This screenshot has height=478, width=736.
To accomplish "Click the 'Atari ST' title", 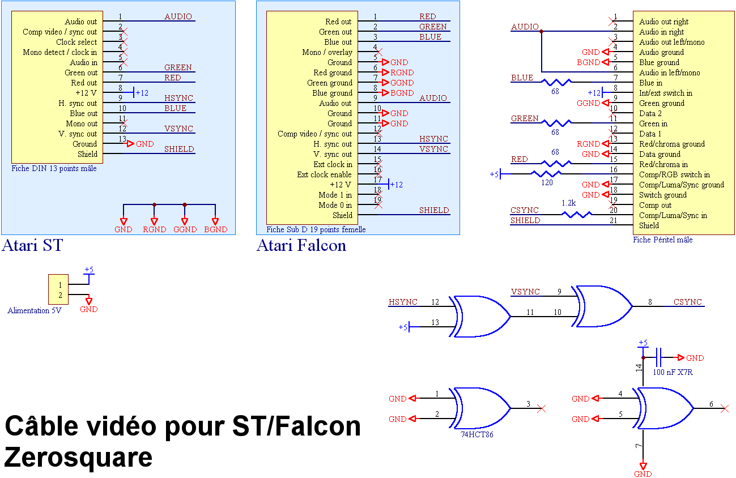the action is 32,245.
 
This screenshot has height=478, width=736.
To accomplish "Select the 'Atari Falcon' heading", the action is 301,245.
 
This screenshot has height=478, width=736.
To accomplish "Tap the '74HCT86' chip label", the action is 477,434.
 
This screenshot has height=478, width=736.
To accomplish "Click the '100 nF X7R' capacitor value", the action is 673,372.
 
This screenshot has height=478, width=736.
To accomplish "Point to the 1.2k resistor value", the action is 568,203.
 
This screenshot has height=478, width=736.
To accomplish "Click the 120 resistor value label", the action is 547,182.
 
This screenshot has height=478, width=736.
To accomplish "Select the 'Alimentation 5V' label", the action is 35,310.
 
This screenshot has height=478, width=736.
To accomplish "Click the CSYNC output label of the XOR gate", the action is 687,302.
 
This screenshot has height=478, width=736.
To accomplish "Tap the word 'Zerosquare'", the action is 78,458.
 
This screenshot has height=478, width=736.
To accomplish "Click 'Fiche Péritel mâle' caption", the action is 663,240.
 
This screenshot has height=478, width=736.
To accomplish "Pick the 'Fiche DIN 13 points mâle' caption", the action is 54,169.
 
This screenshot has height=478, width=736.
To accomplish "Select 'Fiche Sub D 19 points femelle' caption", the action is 316,229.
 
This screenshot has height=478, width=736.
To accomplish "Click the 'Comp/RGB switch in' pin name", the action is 674,174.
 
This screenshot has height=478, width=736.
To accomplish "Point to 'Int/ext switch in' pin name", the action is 666,93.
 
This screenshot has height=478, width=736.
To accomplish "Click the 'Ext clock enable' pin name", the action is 324,174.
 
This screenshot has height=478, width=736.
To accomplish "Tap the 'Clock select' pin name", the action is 76,42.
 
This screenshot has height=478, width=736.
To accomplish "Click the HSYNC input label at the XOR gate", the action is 403,302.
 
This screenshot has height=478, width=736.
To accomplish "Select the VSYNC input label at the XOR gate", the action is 525,292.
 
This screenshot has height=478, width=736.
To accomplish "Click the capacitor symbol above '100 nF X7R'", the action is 658,357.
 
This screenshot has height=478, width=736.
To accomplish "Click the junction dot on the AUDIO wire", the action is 541,32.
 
